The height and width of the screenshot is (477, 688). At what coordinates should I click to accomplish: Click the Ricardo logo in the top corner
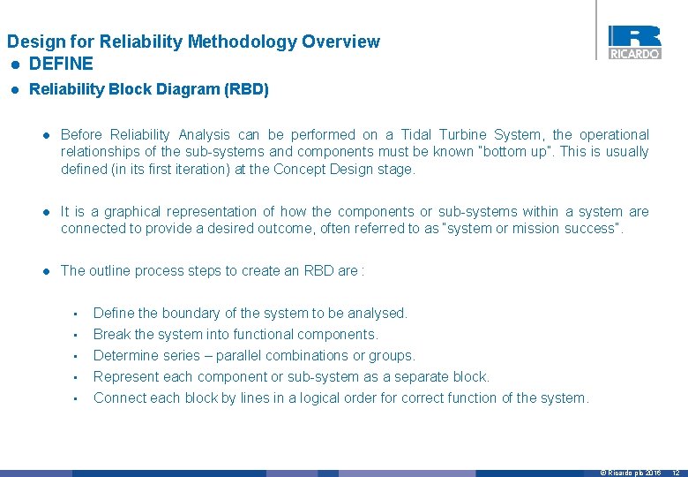point(634,42)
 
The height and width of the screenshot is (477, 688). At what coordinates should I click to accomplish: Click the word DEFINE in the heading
point(61,64)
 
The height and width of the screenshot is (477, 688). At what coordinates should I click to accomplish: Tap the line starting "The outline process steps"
point(212,270)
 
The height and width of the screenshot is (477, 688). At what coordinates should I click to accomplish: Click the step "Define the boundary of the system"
point(250,313)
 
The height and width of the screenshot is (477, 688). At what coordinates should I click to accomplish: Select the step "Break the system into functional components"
point(236,334)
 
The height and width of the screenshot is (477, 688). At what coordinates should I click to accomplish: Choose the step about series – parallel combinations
point(254,355)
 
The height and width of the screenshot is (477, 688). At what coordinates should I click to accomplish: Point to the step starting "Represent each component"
point(291,376)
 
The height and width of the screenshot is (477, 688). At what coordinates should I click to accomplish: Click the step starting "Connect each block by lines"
point(340,397)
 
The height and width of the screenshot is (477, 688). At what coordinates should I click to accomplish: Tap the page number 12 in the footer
point(675,473)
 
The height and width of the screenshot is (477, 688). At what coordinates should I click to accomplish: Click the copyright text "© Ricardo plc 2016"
point(630,473)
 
